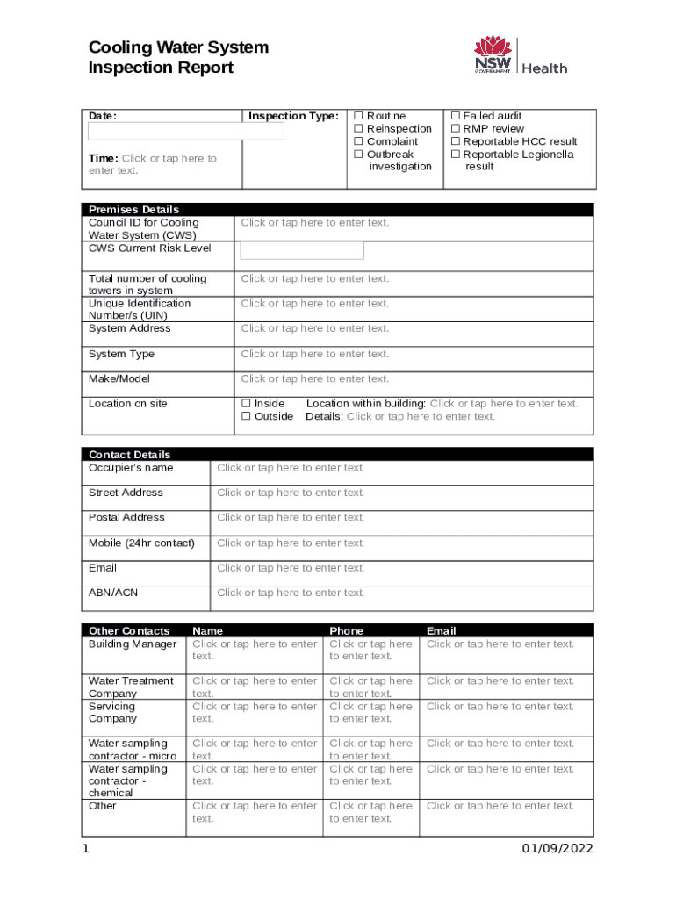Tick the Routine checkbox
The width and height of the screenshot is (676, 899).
coord(358,116)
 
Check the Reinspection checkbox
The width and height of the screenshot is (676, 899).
coord(358,129)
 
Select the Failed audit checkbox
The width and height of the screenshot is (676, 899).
coord(456,116)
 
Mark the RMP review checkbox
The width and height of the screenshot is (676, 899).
coord(456,129)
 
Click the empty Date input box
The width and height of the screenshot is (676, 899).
coord(186,132)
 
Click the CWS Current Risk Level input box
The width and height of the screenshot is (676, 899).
coord(302,250)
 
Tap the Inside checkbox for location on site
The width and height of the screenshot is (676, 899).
coord(247,404)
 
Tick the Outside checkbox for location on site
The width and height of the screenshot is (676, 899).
coord(247,417)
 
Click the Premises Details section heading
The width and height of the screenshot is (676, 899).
coord(133,210)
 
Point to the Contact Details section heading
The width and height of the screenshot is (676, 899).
coord(130,455)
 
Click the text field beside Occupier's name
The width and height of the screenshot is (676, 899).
coord(291,468)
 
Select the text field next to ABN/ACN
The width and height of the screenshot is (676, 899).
coord(291,593)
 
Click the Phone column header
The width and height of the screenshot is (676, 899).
coord(346,631)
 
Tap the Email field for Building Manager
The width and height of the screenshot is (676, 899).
coord(500,644)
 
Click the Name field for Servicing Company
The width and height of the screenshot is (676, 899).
coord(255,712)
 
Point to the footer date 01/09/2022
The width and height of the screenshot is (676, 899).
coord(557,849)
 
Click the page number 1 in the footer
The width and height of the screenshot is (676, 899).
coord(85,849)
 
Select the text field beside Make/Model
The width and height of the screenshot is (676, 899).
coord(314,379)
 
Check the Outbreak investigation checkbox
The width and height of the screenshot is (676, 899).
coord(358,155)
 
